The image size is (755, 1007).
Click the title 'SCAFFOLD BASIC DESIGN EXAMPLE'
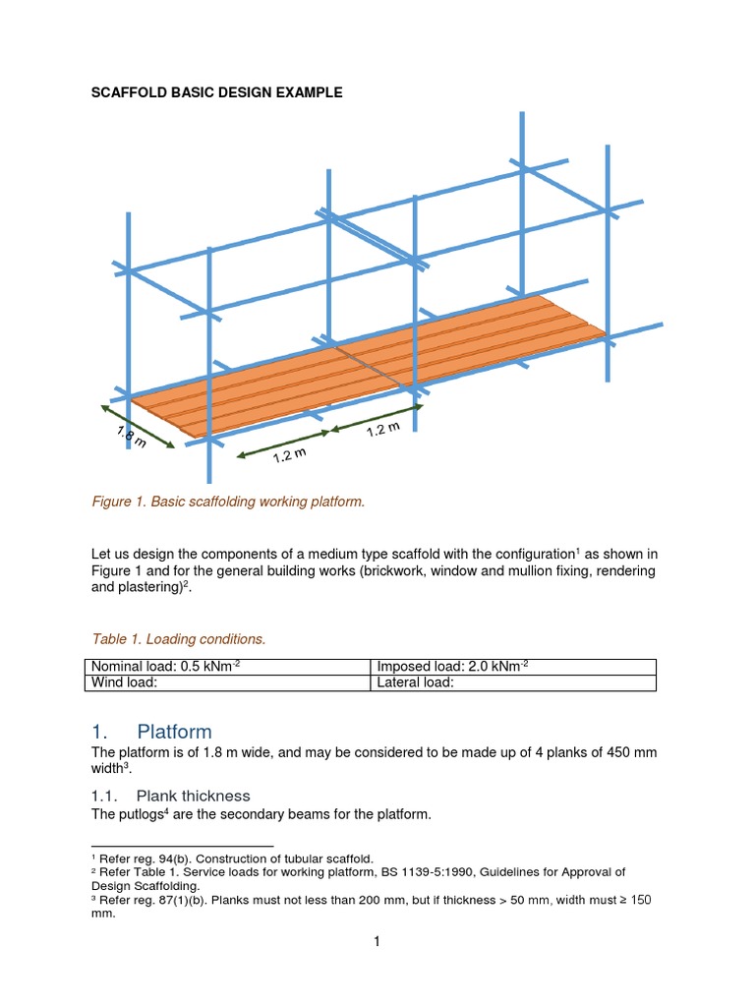pos(216,92)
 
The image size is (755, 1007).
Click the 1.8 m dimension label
pos(131,436)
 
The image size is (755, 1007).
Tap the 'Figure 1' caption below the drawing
pos(227,502)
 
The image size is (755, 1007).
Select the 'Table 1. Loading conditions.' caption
pos(178,639)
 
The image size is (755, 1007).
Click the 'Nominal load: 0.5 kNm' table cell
pos(165,668)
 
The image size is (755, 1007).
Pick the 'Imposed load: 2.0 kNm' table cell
pos(453,668)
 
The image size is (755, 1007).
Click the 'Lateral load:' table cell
pos(416,683)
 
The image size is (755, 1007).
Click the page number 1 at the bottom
pos(377,941)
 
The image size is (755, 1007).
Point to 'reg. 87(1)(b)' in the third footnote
pos(173,899)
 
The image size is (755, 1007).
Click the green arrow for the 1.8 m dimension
pos(138,425)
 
